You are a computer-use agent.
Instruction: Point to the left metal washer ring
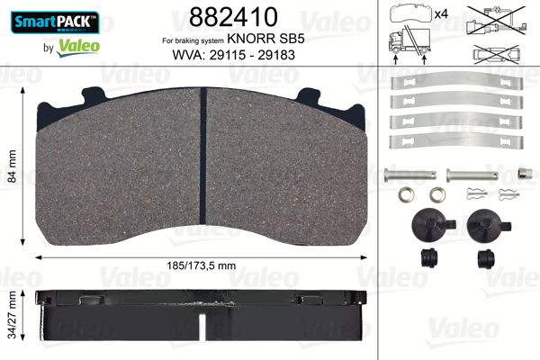pos(408,194)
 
